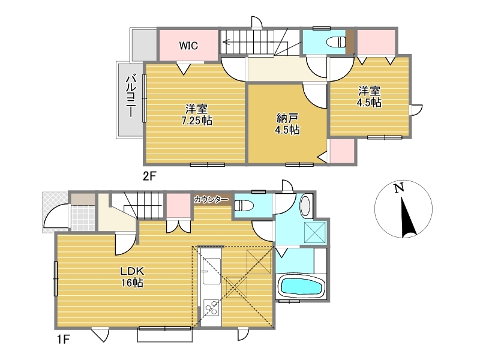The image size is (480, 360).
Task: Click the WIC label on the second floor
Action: tap(188, 46)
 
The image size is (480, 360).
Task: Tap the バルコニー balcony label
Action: tap(131, 95)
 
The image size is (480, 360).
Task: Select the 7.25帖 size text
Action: tap(197, 121)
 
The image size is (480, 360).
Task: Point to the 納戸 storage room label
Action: tap(287, 118)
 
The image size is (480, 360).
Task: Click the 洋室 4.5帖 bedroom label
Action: tap(369, 97)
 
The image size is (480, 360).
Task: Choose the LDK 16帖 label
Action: tap(132, 277)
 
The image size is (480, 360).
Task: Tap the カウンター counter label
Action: tap(211, 200)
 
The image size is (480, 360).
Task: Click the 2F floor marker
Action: tap(150, 176)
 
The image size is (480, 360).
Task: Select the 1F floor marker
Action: tap(64, 339)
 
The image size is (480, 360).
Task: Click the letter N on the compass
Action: tap(398, 187)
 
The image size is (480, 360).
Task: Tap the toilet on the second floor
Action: tap(336, 41)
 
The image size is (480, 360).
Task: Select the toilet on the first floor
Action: tap(244, 205)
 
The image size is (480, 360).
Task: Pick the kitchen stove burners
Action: tap(212, 308)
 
